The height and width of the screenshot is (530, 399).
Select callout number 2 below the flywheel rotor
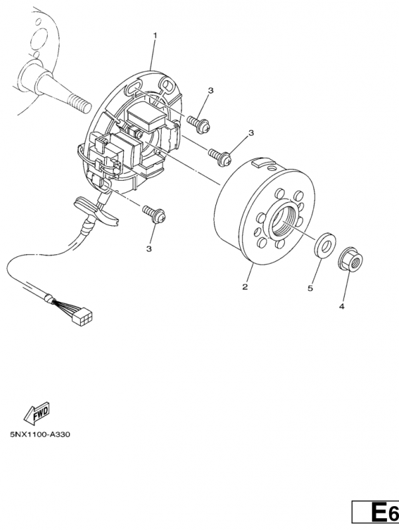[x=245, y=287]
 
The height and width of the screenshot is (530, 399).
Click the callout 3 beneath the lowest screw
[x=149, y=248]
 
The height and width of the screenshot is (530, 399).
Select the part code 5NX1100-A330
[x=40, y=435]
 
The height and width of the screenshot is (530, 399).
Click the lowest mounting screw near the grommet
[x=154, y=213]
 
